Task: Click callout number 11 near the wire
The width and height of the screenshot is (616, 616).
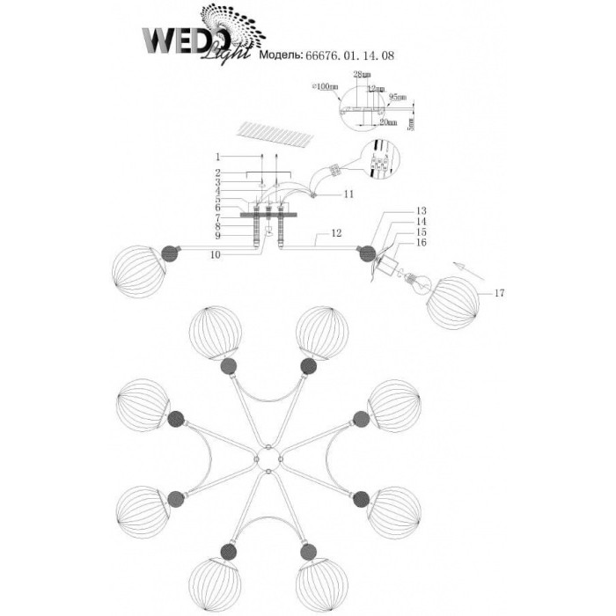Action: [x=349, y=194]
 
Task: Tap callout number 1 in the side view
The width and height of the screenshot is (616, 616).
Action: [x=219, y=157]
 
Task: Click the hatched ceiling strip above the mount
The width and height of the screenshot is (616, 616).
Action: [x=277, y=136]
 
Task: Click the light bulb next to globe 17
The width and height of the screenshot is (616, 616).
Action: [x=416, y=282]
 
